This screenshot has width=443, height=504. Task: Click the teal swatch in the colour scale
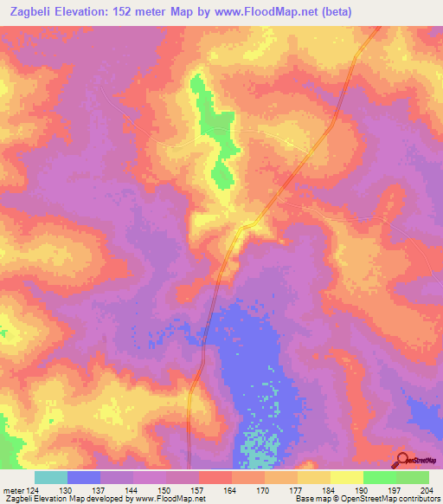point(51,478)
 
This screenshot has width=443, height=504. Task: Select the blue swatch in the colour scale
point(84,478)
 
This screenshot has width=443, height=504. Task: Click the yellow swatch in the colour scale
point(346,478)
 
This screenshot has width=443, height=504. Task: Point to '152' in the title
point(132,11)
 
